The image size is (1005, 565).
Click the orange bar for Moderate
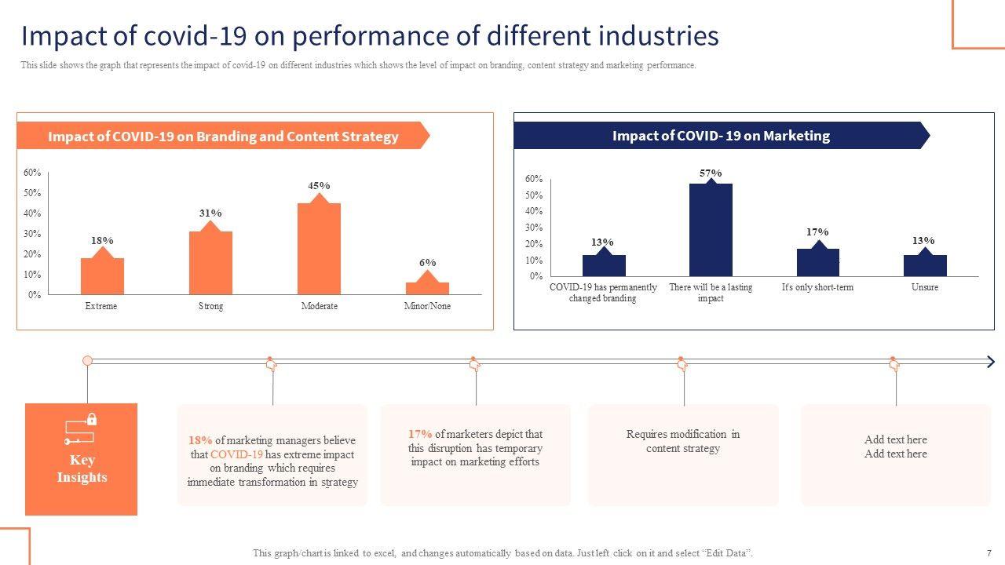tap(319, 248)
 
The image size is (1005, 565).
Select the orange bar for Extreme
tap(102, 275)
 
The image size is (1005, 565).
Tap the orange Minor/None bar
tap(427, 287)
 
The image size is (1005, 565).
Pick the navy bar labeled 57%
tap(711, 229)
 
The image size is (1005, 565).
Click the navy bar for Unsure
tap(925, 265)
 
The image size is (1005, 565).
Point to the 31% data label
tap(210, 213)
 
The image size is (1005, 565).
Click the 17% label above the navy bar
tap(817, 232)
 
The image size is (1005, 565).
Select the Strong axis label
tap(210, 306)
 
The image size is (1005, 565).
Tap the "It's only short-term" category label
tap(817, 287)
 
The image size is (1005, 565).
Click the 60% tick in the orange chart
tap(32, 173)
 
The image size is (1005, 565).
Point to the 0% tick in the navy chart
tap(535, 276)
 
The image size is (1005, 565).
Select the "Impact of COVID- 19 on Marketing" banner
tap(721, 136)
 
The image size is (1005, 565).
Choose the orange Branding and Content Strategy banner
tap(223, 137)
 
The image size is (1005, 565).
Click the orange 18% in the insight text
tap(200, 440)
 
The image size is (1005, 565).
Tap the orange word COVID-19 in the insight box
tap(236, 454)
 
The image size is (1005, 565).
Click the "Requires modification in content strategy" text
tap(682, 441)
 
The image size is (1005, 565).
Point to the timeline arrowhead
tap(990, 361)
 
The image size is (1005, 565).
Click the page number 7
tap(989, 553)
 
